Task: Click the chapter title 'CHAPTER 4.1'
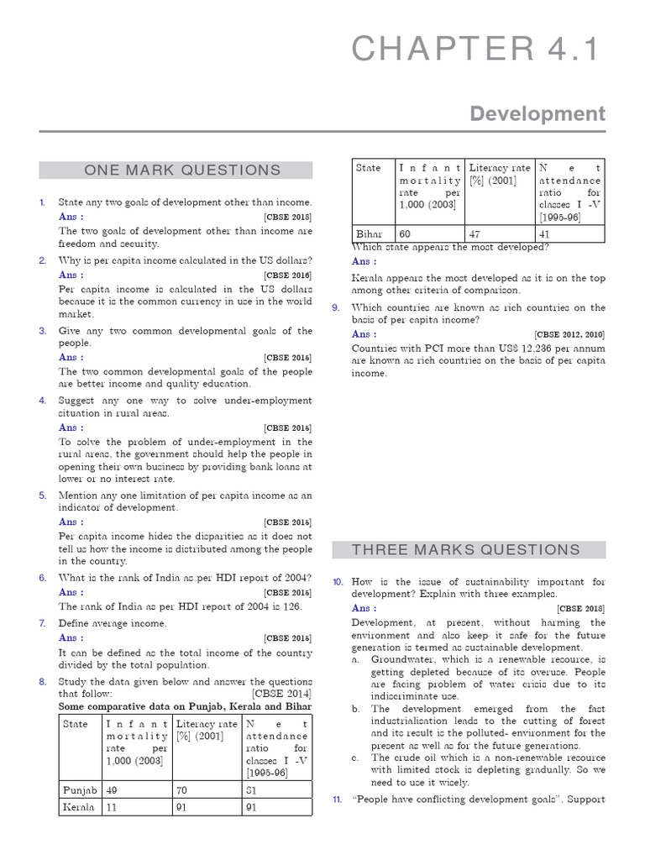477,50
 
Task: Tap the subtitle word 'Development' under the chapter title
537,113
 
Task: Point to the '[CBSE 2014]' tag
281,694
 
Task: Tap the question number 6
42,578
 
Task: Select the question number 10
337,581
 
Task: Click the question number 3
42,331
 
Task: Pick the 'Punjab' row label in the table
80,790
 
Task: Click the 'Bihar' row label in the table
369,233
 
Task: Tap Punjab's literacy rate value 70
182,790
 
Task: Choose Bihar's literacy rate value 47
475,233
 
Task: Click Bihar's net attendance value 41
545,233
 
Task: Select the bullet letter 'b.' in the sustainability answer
356,709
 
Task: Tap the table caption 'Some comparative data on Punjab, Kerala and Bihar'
185,706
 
